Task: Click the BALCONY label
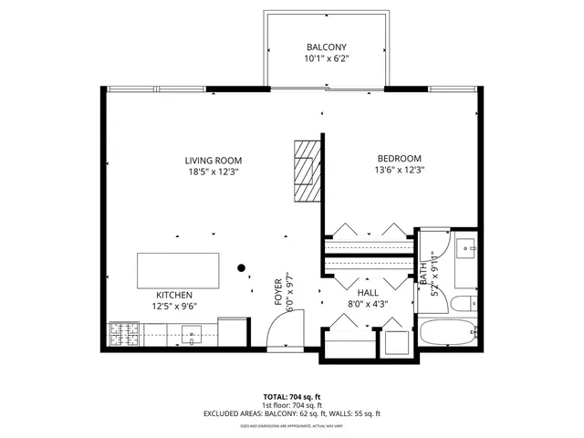tap(326, 47)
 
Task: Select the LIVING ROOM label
tap(214, 161)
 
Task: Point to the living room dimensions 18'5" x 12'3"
tap(214, 172)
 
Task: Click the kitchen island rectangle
tap(178, 271)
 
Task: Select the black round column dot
tap(242, 268)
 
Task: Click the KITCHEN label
tap(173, 295)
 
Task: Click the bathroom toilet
tap(464, 302)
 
